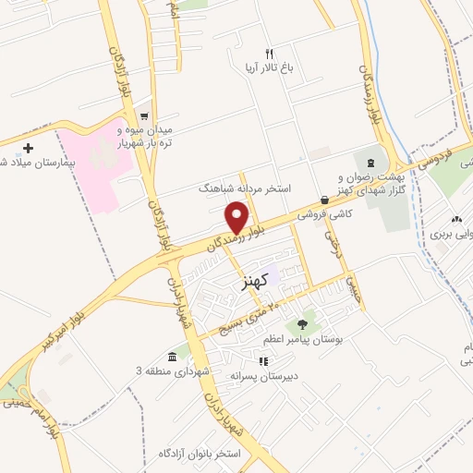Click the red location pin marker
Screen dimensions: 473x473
[236, 218]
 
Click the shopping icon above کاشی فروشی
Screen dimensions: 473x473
[324, 200]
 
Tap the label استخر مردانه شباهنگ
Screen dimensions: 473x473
[245, 188]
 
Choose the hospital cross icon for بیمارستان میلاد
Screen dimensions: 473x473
[29, 148]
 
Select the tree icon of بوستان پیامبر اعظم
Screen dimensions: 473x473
[302, 323]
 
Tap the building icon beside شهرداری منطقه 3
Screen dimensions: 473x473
[173, 357]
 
